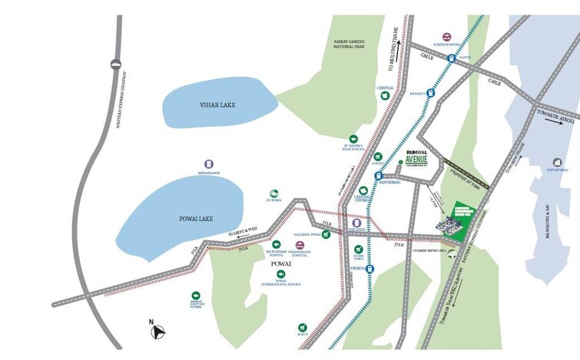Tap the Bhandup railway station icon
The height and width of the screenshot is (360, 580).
431,93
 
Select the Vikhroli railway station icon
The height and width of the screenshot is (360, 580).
370,269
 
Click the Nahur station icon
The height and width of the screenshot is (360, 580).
452,58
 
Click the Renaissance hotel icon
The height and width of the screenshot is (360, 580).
208,164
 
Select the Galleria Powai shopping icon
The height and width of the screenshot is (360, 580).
326,234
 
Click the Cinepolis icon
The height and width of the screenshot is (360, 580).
384,95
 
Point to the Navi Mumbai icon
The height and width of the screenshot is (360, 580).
557,163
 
